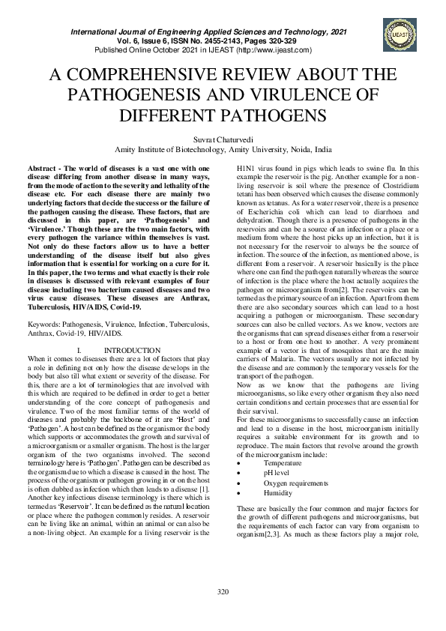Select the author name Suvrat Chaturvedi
[223, 139]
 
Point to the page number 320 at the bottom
[223, 613]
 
